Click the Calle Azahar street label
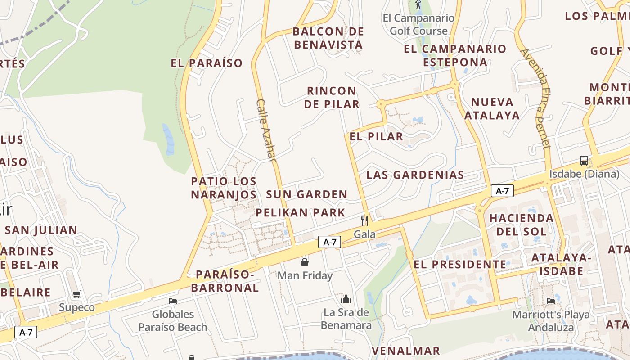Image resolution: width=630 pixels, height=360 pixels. point(265,130)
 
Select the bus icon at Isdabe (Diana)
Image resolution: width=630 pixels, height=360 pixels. point(584,161)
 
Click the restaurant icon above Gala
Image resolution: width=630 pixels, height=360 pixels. point(364,220)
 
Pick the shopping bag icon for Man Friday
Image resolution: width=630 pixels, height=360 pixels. point(305,262)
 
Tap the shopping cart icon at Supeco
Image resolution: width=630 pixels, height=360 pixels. point(77,294)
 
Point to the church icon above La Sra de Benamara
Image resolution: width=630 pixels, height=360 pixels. point(346,299)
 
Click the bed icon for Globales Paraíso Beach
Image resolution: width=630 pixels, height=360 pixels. point(173,301)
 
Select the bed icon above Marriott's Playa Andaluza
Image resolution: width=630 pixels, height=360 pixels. point(551,301)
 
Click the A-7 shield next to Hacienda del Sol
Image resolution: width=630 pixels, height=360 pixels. point(502,191)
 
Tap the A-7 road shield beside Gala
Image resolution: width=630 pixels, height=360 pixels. point(330,242)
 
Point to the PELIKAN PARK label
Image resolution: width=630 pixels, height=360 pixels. point(301,213)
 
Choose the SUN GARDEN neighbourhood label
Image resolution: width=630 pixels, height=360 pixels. point(306,194)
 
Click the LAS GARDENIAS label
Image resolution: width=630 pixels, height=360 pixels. point(415,175)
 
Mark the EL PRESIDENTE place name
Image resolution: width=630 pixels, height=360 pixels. point(460,264)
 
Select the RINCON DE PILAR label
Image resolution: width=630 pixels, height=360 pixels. point(332,98)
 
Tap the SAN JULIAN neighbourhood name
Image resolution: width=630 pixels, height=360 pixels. point(41,230)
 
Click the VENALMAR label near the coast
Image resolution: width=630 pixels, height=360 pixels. point(406,351)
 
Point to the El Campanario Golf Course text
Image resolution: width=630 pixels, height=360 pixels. point(418,24)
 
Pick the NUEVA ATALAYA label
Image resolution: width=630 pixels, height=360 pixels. point(492,108)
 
